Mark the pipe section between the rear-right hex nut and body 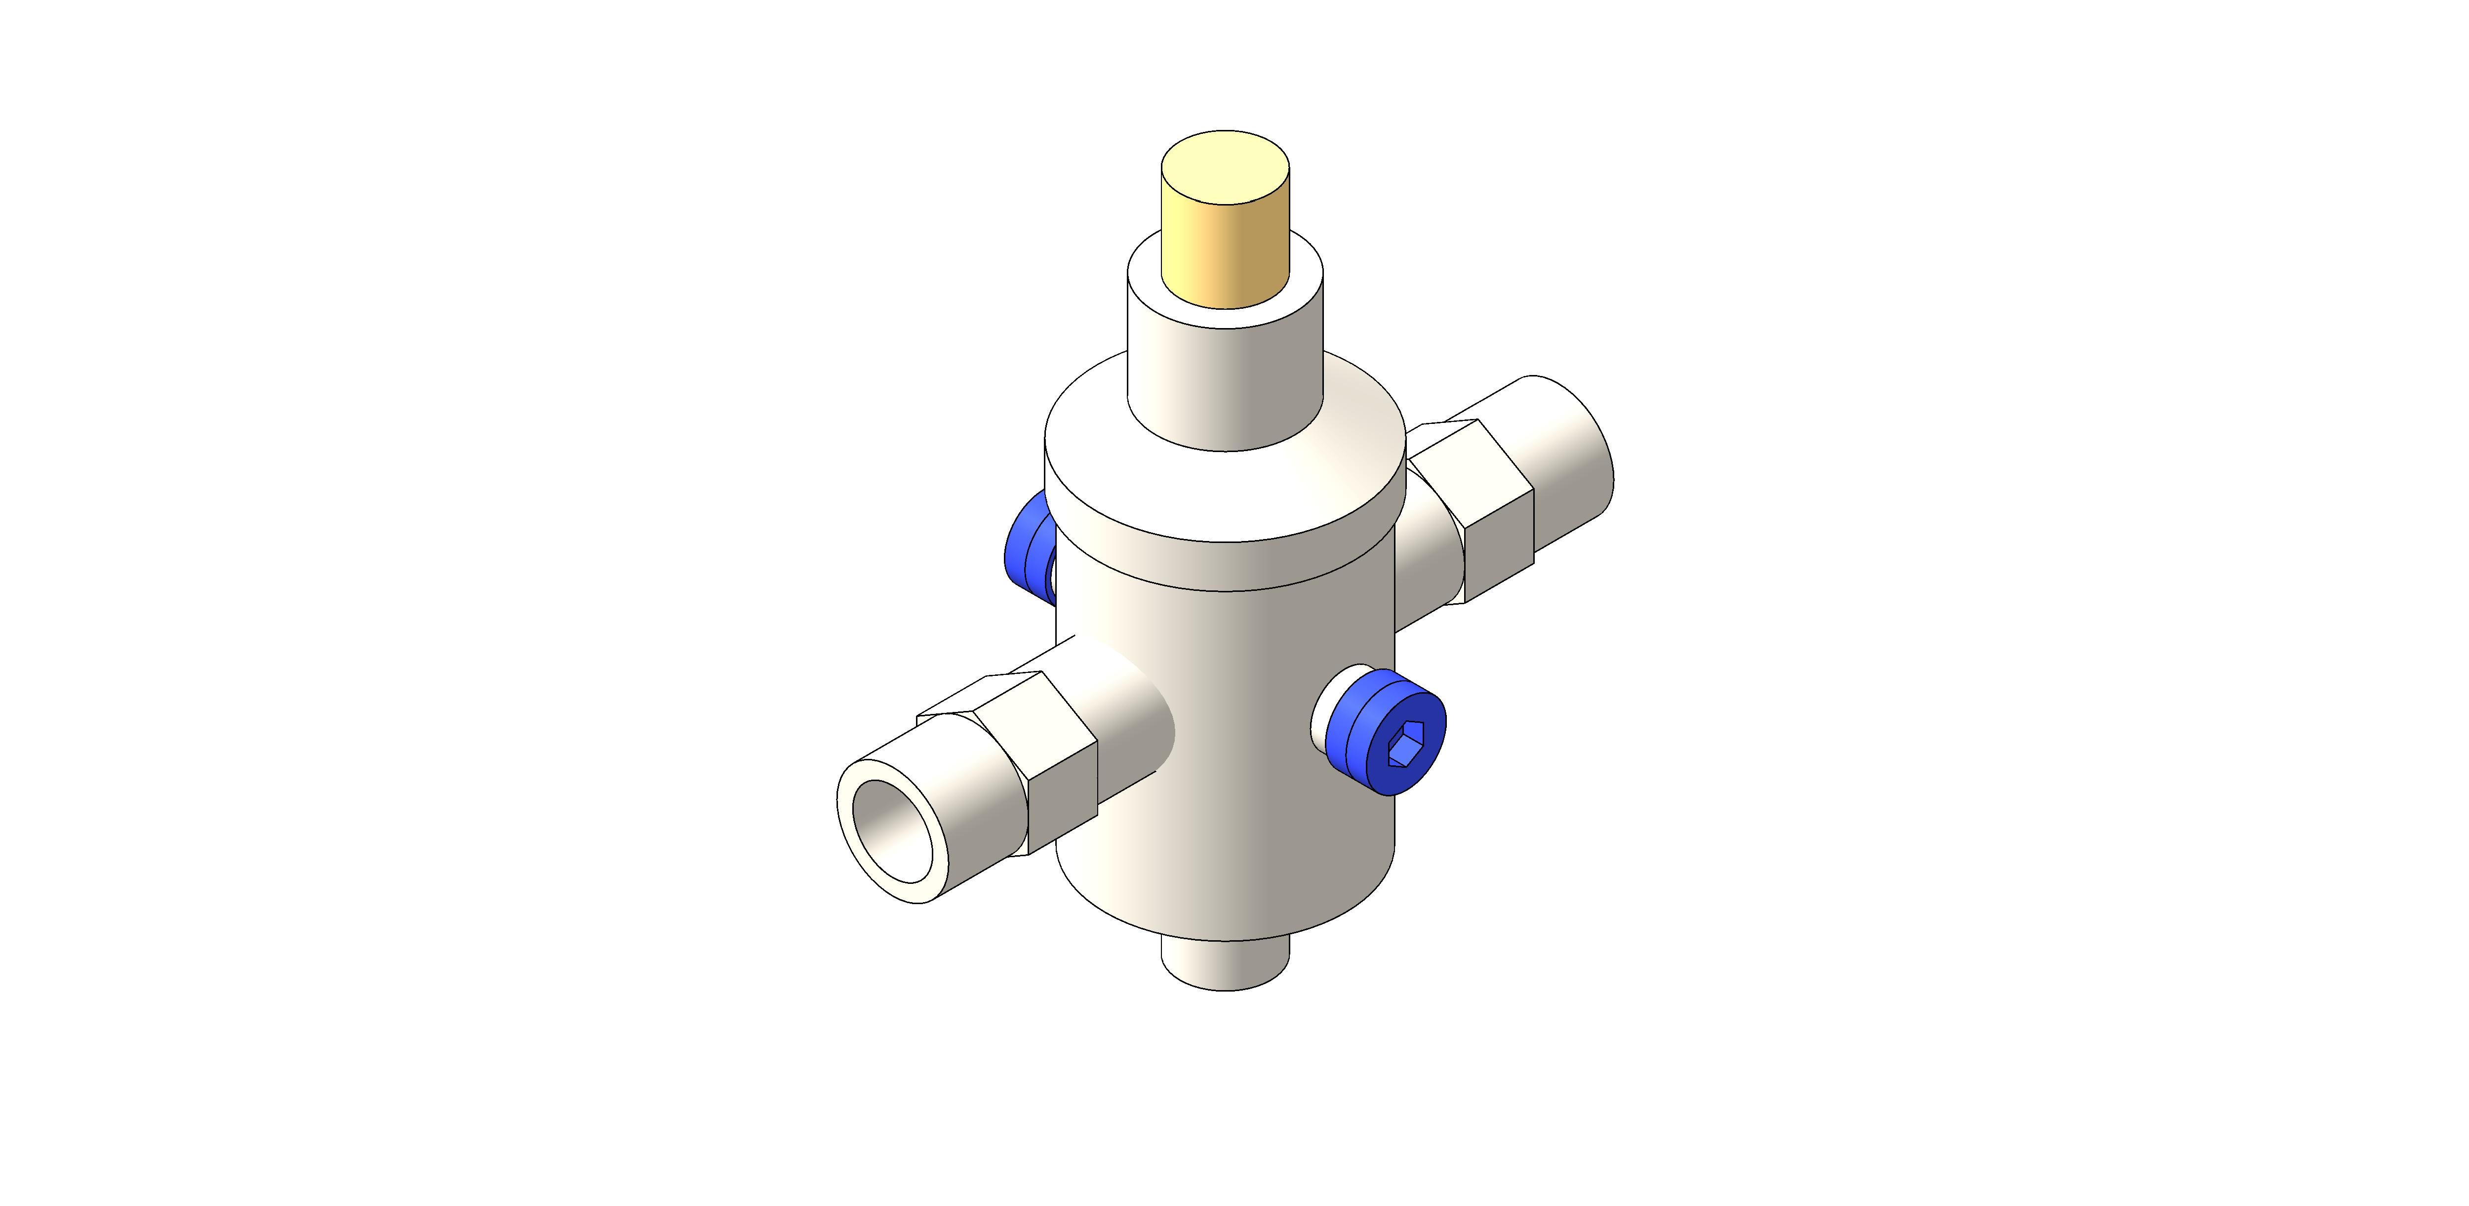coord(1428,566)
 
